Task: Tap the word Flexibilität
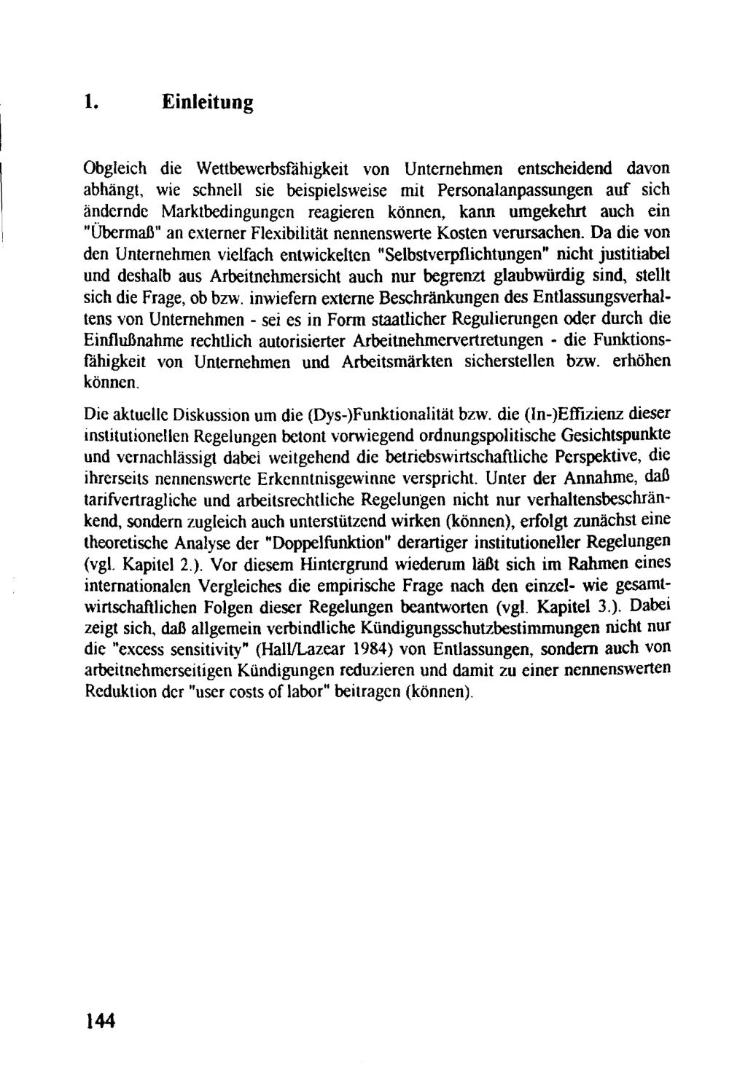pos(291,234)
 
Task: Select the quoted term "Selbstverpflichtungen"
pos(447,255)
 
